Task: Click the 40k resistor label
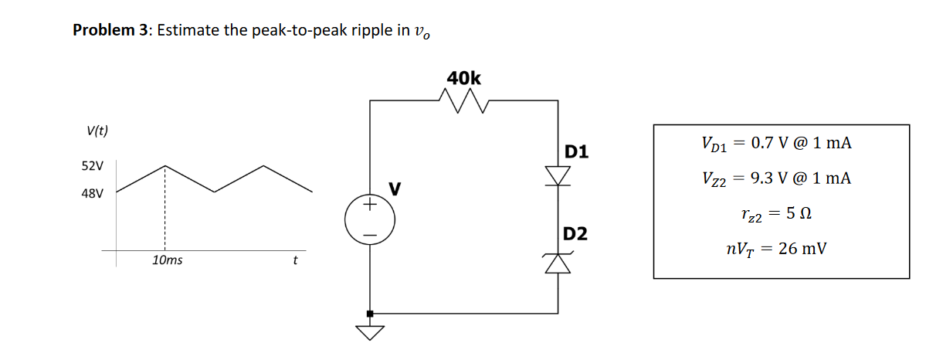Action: tap(463, 78)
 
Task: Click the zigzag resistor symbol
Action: tap(464, 100)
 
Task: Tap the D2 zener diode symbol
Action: tap(558, 263)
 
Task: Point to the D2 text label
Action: tap(576, 233)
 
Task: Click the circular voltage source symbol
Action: tap(371, 219)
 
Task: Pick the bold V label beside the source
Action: tap(395, 188)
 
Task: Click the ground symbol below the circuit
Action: tap(371, 332)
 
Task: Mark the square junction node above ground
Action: tap(371, 313)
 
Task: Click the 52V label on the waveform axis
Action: tap(93, 165)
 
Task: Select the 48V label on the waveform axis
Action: tap(93, 193)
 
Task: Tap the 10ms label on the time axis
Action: tap(168, 260)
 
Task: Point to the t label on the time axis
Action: tap(295, 260)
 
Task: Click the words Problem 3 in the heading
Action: tap(111, 30)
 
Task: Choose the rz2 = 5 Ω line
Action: tap(776, 214)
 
